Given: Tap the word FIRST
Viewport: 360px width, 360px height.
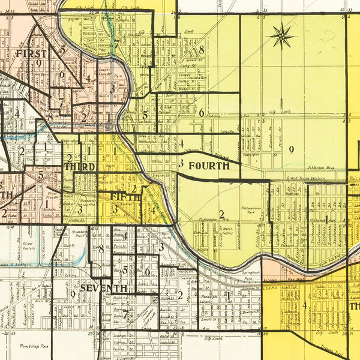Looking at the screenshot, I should [x=31, y=54].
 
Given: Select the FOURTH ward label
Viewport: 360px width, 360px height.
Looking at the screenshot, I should [x=209, y=165].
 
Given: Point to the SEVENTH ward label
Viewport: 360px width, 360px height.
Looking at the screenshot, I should [x=103, y=289].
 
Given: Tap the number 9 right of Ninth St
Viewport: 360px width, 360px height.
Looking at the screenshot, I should [x=290, y=150].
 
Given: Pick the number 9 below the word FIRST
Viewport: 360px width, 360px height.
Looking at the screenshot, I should [x=38, y=62].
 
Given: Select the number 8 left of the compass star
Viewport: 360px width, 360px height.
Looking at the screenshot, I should [x=202, y=50].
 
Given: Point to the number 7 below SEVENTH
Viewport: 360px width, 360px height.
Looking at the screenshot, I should [x=124, y=313].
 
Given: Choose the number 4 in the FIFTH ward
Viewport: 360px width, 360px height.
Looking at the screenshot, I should [x=154, y=211].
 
